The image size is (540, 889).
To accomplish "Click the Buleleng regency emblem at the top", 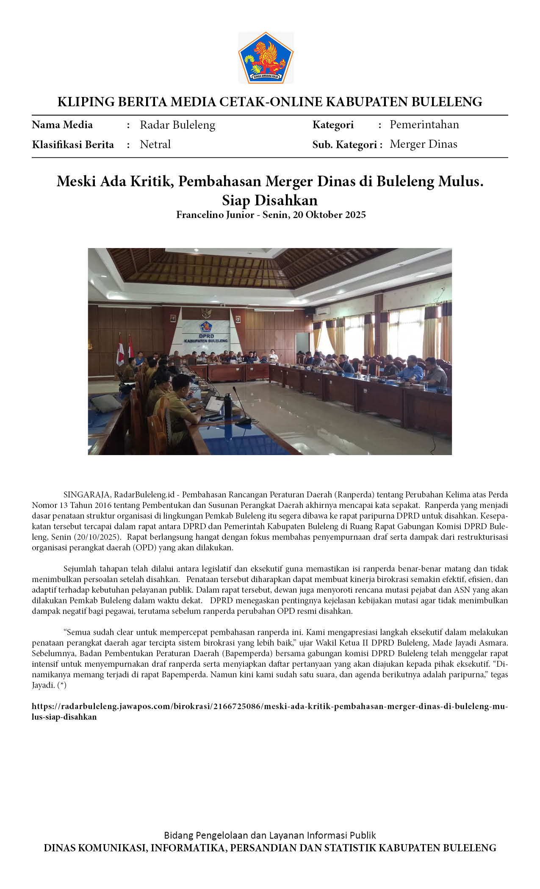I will click(x=266, y=58).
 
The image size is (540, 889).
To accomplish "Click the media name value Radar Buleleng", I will click(x=177, y=125).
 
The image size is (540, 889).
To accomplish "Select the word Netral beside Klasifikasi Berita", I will click(x=155, y=144).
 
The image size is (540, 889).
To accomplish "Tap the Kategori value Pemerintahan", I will click(x=424, y=124).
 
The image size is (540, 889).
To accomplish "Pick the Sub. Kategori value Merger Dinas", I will click(x=423, y=144).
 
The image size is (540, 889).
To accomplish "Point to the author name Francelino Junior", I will click(x=215, y=215).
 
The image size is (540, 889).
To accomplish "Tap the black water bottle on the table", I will click(x=228, y=405).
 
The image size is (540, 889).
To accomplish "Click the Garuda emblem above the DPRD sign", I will click(x=206, y=313).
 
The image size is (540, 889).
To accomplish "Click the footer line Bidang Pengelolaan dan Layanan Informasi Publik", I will click(x=270, y=835).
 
